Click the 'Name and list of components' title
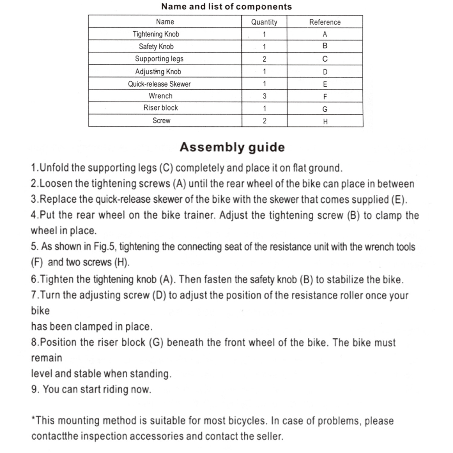coord(226,7)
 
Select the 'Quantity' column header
coord(264,22)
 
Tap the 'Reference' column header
coord(325,22)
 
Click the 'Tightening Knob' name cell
coord(156,34)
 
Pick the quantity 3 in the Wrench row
coord(265,96)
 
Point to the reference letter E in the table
coord(325,84)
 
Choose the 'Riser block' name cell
coord(161,108)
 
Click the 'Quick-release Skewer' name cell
coord(159,84)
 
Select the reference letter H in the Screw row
coord(325,121)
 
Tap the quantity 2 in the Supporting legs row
coord(265,59)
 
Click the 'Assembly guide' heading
coord(232,147)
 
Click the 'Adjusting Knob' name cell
coord(158,72)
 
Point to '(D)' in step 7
coord(159,295)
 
